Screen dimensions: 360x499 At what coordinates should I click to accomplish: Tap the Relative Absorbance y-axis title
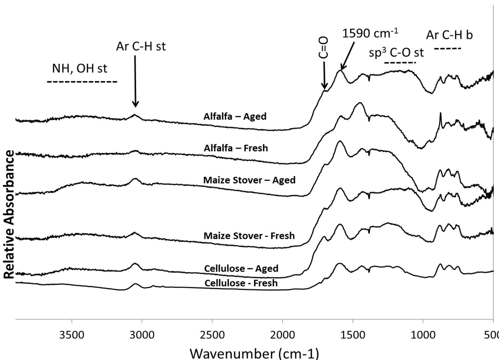(9, 214)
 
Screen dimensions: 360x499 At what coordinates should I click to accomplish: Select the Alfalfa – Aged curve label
(235, 116)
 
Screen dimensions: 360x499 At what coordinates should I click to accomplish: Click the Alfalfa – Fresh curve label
(236, 148)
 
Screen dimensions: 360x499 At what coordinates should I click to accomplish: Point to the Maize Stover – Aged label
(249, 180)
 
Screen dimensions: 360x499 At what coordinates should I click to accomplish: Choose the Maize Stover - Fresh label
(249, 236)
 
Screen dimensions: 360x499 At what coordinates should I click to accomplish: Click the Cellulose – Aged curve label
(241, 268)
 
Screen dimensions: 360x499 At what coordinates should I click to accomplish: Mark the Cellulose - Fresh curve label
(241, 283)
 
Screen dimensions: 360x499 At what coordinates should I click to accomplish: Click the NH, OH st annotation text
(79, 68)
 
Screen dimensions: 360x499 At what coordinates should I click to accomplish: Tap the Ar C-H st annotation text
(141, 46)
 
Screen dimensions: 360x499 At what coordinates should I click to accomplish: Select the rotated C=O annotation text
(323, 47)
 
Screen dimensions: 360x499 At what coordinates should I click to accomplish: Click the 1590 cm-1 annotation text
(370, 33)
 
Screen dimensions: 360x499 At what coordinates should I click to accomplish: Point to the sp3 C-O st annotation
(396, 52)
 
